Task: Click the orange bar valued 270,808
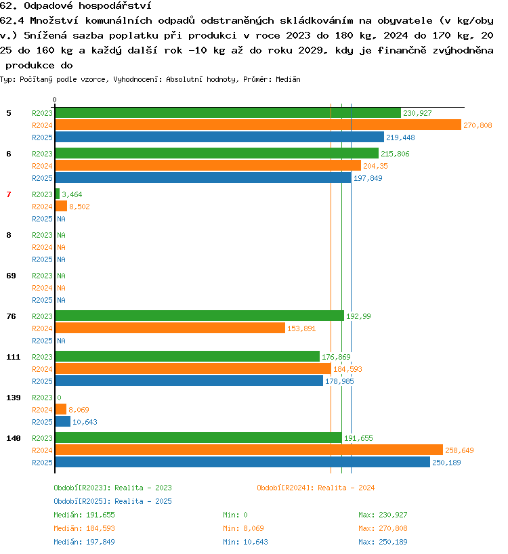pos(258,125)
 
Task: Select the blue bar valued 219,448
pos(219,137)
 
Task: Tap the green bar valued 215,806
pos(217,153)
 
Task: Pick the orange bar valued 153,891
pos(170,328)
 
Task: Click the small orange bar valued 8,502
pos(61,206)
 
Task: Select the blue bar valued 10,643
pos(63,421)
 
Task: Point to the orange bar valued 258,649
pos(249,450)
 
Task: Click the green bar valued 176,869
pos(188,356)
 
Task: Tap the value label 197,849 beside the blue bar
pos(368,178)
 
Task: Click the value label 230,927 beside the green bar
pos(417,113)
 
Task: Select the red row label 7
pos(9,194)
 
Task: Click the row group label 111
pos(14,357)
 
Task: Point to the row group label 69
pos(12,276)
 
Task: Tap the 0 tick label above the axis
pos(54,100)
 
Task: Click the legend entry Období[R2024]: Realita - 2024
pos(316,488)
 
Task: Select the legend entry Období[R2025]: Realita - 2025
pos(112,501)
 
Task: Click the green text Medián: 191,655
pos(84,515)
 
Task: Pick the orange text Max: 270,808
pos(383,528)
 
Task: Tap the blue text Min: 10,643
pos(245,542)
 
